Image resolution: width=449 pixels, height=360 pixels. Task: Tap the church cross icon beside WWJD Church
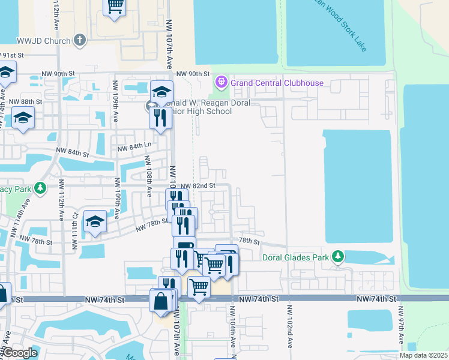tap(80, 41)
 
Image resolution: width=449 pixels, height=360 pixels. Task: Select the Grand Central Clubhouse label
tap(277, 83)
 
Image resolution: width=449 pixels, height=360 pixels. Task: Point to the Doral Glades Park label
tap(296, 257)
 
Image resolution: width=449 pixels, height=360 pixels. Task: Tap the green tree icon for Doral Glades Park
tap(338, 257)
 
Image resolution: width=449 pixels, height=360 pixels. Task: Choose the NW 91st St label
tap(12, 55)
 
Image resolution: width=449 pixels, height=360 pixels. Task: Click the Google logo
tap(20, 353)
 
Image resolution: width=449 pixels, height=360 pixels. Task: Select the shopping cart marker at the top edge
tap(114, 7)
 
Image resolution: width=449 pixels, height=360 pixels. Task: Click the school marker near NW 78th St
tap(95, 222)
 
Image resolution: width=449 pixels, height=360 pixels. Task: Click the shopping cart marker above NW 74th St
tap(199, 287)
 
